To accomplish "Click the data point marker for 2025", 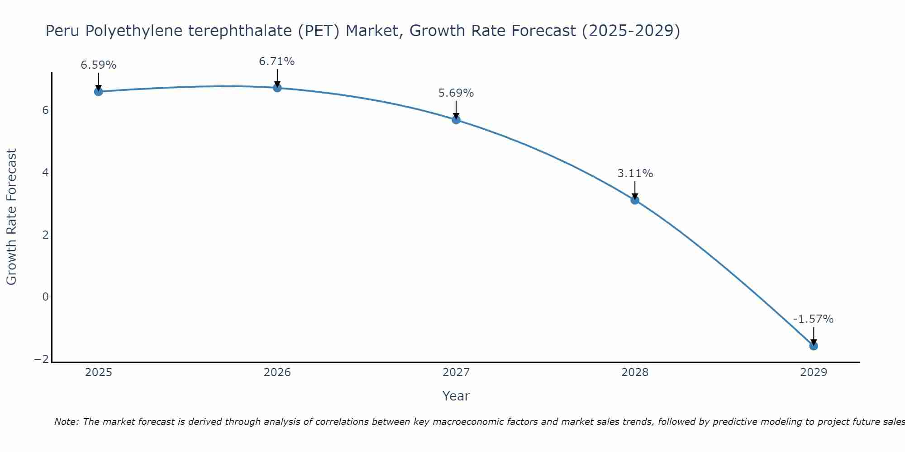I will click(99, 92).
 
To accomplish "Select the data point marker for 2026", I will click(277, 88).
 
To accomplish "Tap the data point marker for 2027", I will click(456, 120).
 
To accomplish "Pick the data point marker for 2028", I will click(635, 200).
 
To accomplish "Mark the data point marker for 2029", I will click(814, 346).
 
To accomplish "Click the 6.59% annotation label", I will click(99, 65).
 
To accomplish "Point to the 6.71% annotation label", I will click(277, 61).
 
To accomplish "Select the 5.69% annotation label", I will click(456, 93).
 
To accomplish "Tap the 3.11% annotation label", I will click(635, 174).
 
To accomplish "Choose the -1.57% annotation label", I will click(813, 319).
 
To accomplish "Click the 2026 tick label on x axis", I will click(277, 372).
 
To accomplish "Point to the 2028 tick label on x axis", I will click(635, 372).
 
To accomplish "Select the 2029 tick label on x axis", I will click(814, 372).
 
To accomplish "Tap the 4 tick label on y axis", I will click(45, 173).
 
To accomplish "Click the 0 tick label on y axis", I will click(45, 297).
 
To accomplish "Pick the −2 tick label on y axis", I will click(42, 359).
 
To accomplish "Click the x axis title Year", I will click(456, 396).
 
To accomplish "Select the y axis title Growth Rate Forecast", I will click(12, 217).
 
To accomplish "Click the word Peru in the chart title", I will click(63, 31).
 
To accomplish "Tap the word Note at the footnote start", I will click(67, 422).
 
